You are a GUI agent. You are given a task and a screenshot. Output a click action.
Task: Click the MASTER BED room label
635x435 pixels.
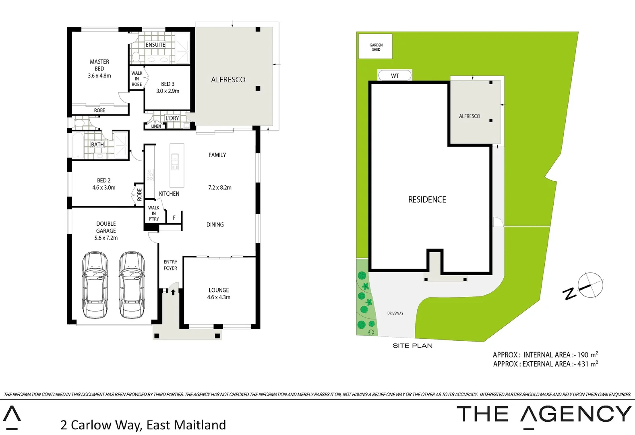click(99, 65)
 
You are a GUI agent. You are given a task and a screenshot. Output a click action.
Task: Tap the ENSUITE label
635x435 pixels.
click(155, 45)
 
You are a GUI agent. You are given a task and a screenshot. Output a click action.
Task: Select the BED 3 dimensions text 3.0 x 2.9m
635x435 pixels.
click(168, 91)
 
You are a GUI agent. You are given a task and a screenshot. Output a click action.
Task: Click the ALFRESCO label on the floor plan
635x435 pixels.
click(228, 80)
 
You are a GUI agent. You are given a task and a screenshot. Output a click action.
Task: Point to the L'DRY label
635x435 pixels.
click(172, 118)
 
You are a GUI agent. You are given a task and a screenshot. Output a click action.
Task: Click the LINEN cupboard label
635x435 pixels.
click(156, 126)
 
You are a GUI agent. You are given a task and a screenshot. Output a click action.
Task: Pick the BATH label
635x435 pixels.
click(97, 144)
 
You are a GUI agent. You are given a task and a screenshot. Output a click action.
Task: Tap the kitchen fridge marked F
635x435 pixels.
click(174, 218)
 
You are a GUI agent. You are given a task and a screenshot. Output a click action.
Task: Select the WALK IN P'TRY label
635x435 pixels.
click(153, 213)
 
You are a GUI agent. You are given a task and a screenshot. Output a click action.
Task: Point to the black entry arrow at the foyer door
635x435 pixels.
click(173, 292)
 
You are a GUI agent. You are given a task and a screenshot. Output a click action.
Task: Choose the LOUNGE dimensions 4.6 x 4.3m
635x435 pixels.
click(219, 297)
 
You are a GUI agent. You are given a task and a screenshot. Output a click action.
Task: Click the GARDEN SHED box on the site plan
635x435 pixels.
click(376, 47)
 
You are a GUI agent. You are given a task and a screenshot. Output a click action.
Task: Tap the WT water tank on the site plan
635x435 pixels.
click(395, 76)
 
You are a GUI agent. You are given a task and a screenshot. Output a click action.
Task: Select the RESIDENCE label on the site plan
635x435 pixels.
click(427, 199)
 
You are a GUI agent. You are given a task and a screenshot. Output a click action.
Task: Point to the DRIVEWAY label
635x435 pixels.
click(395, 313)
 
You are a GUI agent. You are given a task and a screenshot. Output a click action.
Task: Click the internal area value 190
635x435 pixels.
click(583, 355)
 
